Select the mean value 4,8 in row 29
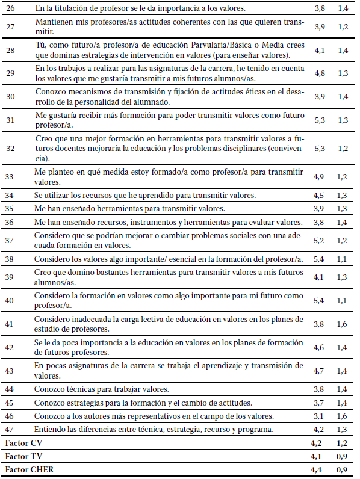320,73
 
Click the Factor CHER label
25,469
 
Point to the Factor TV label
20,456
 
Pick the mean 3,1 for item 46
320,416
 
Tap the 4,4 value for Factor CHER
320,469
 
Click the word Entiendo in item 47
49,429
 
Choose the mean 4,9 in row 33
320,176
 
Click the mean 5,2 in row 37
320,240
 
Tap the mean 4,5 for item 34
320,195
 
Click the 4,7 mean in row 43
320,370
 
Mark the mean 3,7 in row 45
320,403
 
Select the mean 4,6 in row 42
320,347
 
